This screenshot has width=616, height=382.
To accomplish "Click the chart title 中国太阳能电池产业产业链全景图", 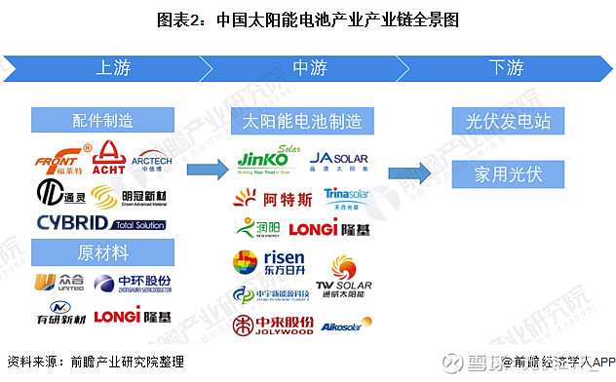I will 307,19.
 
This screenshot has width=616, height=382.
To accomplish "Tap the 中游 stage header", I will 308,68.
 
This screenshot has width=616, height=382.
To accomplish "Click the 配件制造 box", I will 102,121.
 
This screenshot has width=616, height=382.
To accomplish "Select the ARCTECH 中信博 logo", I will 151,160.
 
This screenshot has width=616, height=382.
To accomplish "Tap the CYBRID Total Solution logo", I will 102,222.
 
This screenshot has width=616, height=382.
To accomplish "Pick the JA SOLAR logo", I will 337,161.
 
